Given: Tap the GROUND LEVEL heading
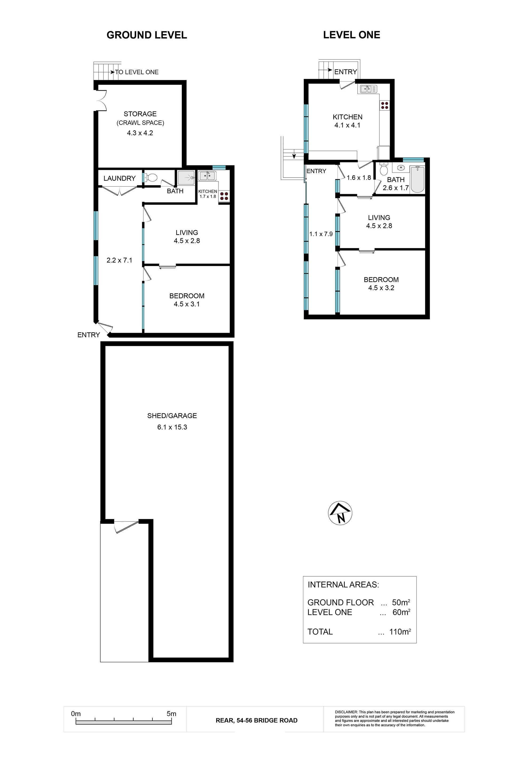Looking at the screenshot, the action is click(147, 35).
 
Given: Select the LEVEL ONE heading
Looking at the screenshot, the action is click(352, 35).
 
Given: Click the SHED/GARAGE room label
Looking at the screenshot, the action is click(172, 416).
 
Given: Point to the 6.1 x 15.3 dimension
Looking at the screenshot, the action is click(172, 427).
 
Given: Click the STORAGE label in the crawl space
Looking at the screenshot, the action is click(140, 114).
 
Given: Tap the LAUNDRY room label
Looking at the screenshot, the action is click(119, 178).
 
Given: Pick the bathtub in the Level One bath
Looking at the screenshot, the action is click(418, 179).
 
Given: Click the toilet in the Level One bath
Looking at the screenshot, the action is click(384, 168).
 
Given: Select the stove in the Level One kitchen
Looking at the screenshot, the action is click(384, 105).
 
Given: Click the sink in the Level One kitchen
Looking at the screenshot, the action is click(368, 89).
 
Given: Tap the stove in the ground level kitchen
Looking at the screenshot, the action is click(224, 196).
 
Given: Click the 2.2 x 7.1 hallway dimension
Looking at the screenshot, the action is click(119, 260).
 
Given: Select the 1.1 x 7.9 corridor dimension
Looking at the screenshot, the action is click(321, 234).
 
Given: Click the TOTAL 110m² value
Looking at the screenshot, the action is click(400, 632).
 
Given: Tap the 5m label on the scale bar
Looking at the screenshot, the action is click(171, 714).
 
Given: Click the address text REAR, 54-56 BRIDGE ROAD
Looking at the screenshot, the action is click(257, 720).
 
